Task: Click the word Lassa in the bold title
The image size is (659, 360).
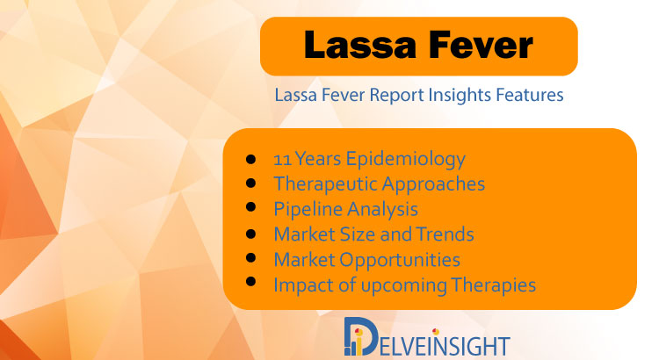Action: [359, 45]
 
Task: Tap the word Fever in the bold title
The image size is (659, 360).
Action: [481, 45]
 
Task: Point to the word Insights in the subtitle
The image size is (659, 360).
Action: [460, 95]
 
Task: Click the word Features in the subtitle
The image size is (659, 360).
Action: [530, 95]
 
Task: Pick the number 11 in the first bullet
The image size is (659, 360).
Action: [282, 160]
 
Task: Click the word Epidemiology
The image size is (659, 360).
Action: [406, 160]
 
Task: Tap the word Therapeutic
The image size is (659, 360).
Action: [325, 184]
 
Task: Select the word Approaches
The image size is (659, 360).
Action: [433, 184]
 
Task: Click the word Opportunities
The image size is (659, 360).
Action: [400, 260]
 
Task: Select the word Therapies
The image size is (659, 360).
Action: [494, 285]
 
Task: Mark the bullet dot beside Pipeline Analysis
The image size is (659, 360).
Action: [251, 207]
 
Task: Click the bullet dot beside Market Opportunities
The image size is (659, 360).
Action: [251, 257]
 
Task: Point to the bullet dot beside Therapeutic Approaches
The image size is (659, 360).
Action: [251, 183]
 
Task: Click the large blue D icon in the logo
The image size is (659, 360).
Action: [360, 336]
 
